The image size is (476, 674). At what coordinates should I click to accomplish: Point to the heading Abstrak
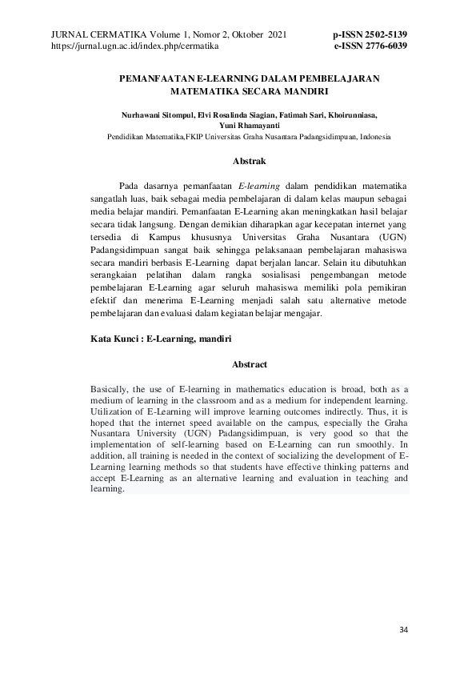[249, 161]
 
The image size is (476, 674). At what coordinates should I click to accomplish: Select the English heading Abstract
[249, 364]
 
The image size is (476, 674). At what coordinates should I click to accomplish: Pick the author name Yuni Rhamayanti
[249, 126]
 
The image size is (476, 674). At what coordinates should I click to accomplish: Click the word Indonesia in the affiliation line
[374, 137]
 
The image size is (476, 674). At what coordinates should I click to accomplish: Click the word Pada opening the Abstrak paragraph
[129, 187]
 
